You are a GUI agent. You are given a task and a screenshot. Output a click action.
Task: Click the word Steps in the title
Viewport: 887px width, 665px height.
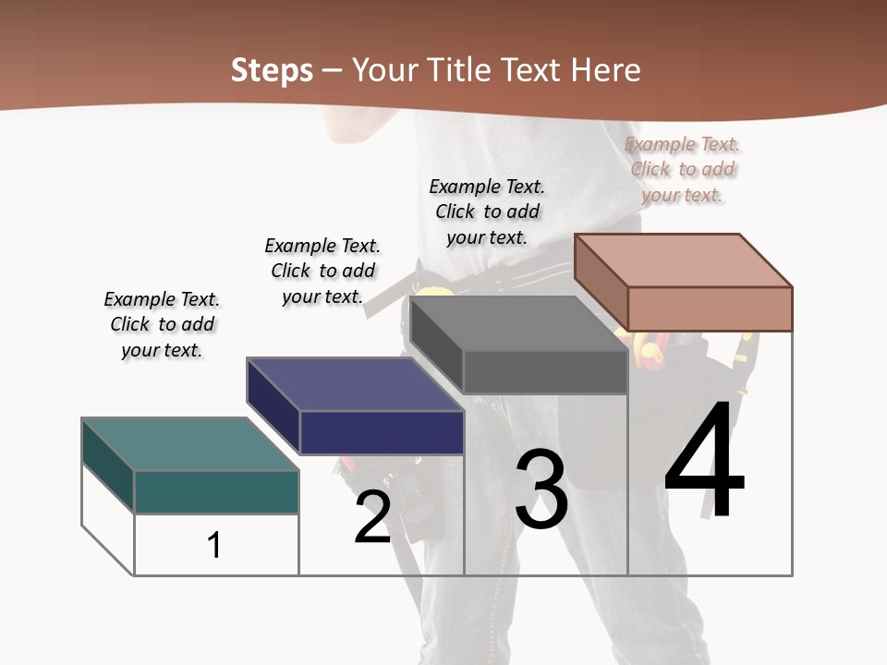pos(272,71)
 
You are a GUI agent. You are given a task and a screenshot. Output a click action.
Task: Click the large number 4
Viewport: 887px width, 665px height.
pos(704,462)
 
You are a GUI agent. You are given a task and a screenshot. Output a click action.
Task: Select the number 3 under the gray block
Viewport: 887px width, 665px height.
pos(541,490)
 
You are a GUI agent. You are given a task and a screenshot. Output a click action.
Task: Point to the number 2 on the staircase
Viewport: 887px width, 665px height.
pos(372,518)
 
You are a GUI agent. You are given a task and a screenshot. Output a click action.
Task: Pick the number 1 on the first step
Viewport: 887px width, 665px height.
pos(214,545)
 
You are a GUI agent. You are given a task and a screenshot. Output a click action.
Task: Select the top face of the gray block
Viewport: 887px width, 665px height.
pos(518,324)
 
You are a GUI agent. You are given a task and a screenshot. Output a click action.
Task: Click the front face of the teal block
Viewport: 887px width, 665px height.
pos(216,491)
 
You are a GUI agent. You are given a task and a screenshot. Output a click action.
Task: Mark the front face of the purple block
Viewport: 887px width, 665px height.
pos(382,432)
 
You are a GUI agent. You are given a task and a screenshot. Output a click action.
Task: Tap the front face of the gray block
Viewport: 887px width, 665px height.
pos(545,372)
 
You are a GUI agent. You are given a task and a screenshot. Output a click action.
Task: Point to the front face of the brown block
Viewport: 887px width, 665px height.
pos(710,308)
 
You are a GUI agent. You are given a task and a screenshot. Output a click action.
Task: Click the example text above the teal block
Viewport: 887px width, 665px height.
pos(162,324)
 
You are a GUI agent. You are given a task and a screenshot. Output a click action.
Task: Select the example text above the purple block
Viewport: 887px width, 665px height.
pos(322,271)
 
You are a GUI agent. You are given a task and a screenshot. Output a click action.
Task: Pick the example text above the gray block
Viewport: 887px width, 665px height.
pos(487,212)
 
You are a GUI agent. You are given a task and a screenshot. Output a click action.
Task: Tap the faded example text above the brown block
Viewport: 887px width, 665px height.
pos(682,169)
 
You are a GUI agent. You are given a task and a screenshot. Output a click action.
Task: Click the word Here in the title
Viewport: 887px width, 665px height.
pos(607,71)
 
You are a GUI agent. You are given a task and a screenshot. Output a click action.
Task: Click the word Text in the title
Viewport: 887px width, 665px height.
pos(534,71)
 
